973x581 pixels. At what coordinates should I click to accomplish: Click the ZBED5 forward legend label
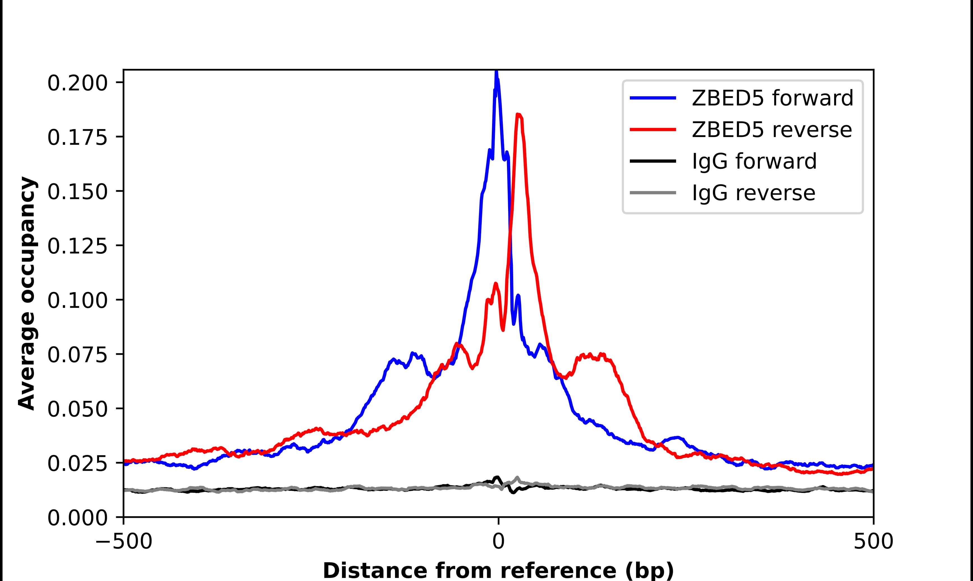[x=772, y=98]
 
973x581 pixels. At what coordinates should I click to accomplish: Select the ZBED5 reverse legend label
[x=772, y=130]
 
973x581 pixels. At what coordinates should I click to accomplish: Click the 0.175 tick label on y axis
[x=77, y=138]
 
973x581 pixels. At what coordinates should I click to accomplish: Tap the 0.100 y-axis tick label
[x=77, y=301]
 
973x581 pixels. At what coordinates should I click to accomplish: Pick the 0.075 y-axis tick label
[x=77, y=355]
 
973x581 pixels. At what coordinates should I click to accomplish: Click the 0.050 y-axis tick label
[x=77, y=410]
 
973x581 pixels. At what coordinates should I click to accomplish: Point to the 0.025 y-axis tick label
[x=77, y=464]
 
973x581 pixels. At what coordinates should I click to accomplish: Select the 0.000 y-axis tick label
[x=77, y=518]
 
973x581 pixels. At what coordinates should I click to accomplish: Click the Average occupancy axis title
[x=27, y=293]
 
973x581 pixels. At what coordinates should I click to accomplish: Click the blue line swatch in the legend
[x=653, y=98]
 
